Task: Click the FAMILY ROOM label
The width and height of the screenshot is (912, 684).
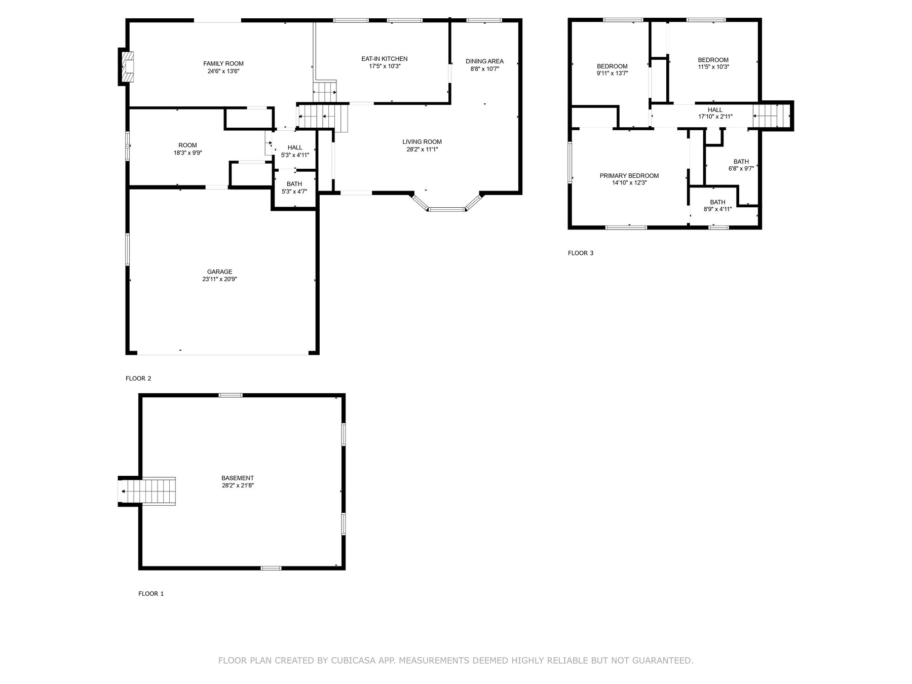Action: [x=223, y=63]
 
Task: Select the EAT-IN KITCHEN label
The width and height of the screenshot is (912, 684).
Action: [x=385, y=59]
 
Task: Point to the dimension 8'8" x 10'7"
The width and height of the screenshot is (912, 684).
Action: [x=485, y=69]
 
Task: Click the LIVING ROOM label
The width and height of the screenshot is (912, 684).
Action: [x=422, y=142]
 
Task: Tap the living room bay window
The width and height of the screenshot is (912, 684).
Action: [x=446, y=205]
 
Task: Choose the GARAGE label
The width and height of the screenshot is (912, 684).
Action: [x=219, y=272]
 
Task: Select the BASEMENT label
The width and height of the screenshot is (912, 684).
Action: [x=238, y=478]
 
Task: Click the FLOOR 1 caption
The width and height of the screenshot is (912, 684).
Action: [x=151, y=594]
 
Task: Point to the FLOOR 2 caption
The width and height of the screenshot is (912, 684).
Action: [x=138, y=378]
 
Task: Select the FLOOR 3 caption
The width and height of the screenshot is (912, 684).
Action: [x=581, y=253]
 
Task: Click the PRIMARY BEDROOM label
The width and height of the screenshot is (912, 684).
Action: [x=629, y=176]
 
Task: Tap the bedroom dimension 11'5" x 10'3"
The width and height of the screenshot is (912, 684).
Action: [x=713, y=67]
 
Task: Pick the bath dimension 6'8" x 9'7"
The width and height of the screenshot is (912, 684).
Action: [x=741, y=169]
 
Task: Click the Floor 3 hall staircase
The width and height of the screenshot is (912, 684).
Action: [x=772, y=116]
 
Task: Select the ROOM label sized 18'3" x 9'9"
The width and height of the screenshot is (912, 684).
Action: [x=187, y=145]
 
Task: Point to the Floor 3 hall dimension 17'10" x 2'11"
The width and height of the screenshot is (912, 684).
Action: [x=715, y=117]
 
